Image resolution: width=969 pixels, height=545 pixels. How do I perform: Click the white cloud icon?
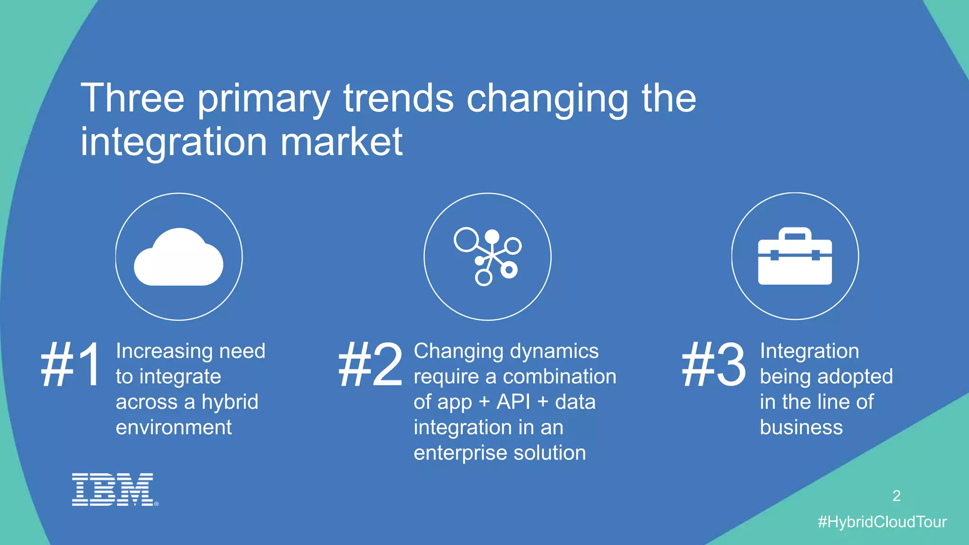coord(178,258)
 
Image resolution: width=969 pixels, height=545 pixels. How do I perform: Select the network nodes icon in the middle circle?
coord(488,257)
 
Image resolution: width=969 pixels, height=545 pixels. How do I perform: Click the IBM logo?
coord(114,489)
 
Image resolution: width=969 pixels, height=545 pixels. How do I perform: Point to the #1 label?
coord(71,365)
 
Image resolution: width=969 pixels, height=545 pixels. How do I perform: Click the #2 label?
coord(370,365)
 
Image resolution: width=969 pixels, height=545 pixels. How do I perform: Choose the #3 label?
coord(714,365)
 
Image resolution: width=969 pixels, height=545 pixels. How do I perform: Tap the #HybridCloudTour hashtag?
coord(882,522)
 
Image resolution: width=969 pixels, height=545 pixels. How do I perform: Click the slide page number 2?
coord(896,496)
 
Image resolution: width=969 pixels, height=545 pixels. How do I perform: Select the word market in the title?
coord(341,141)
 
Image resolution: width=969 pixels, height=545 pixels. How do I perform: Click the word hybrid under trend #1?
coord(230,402)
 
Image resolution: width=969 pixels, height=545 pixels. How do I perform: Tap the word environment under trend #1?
coord(174,428)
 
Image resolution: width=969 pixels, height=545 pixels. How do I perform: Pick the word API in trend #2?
coord(513,402)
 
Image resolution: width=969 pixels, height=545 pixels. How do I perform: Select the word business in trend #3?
coord(801,428)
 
